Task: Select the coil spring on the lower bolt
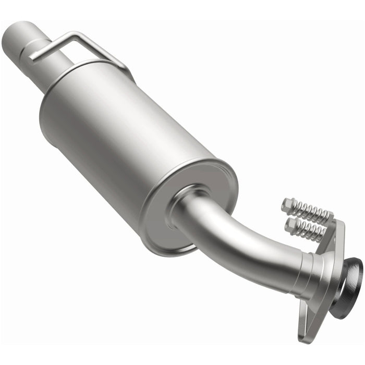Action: pos(311,232)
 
